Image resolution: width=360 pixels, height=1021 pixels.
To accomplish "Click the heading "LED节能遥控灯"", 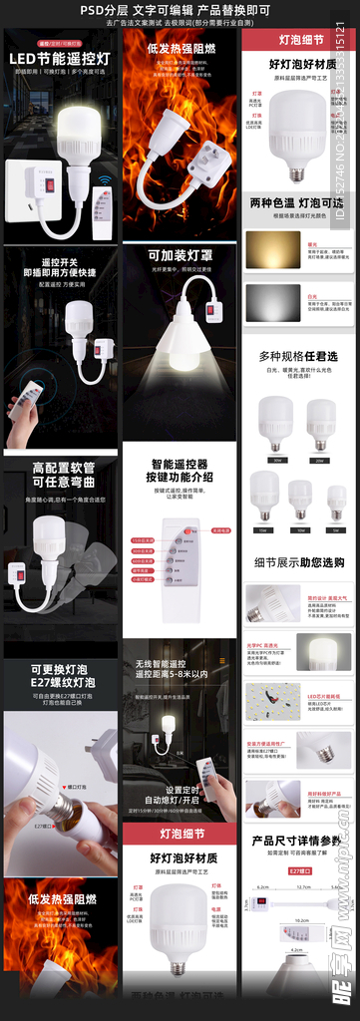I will coord(59,59).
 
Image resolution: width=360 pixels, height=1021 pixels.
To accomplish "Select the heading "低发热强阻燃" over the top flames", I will coord(180,48).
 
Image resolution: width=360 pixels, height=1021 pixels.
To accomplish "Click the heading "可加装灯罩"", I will coord(180,255).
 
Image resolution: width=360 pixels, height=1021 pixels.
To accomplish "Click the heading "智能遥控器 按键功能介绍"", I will coord(181,471).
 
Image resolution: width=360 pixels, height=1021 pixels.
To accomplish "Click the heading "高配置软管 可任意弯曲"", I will coord(60,475).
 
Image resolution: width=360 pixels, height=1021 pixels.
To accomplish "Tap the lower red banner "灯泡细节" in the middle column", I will coord(181,834).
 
